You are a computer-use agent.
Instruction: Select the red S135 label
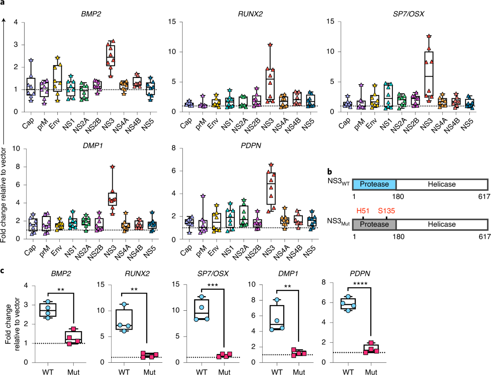[387, 210]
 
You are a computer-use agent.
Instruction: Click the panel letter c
[3, 270]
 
